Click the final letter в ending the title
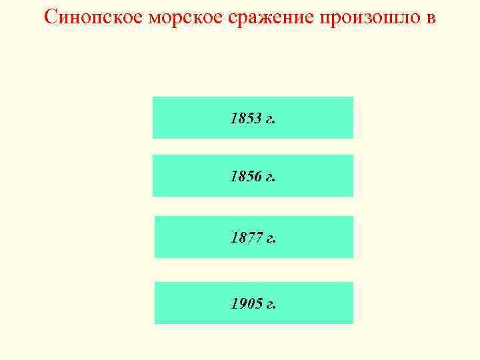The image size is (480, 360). click(x=431, y=17)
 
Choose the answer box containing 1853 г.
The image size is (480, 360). click(x=253, y=117)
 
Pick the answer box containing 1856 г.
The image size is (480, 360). click(x=253, y=175)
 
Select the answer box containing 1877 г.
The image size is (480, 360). click(x=253, y=237)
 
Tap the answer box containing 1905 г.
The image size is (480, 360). click(x=253, y=303)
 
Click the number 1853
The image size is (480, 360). click(x=245, y=119)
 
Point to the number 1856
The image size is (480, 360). click(x=245, y=177)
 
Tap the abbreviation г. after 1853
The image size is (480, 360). click(x=270, y=120)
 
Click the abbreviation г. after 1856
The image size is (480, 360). click(x=270, y=178)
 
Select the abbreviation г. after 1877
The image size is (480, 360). click(x=270, y=239)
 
